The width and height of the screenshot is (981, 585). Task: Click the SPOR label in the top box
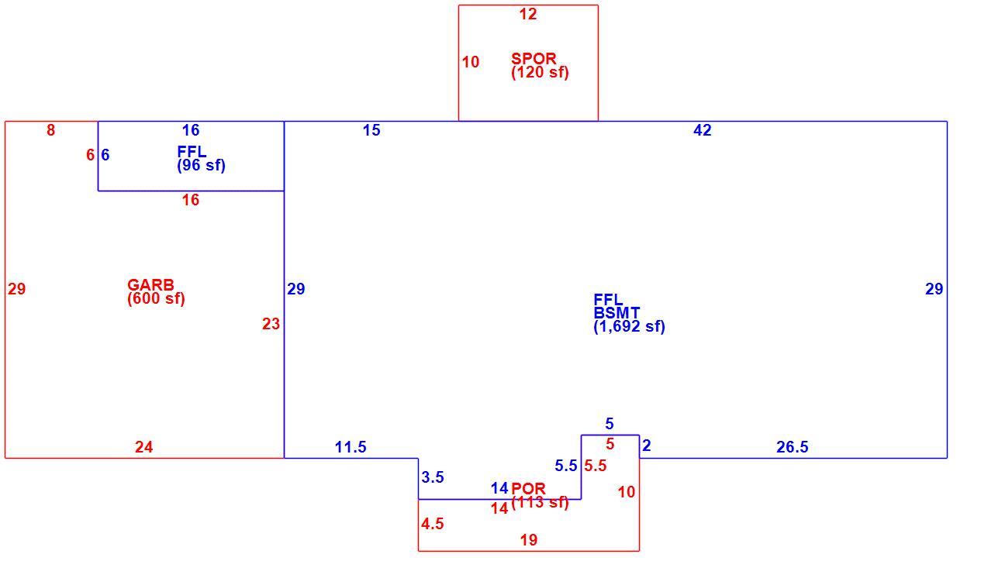coord(534,59)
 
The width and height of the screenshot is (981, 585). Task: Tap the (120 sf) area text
coord(540,73)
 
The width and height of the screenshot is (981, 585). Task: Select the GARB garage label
coord(150,285)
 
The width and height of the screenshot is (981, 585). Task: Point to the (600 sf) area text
coord(157,299)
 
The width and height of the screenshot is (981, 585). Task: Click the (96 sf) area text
coord(201,165)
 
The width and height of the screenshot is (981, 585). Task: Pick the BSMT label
coord(617,313)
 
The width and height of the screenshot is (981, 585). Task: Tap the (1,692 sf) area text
coord(630,327)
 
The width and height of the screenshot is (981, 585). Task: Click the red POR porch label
coord(529,488)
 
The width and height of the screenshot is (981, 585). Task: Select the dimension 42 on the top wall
coord(703,130)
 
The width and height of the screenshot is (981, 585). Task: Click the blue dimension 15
coord(371,130)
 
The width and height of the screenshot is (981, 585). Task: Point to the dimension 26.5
coord(793,447)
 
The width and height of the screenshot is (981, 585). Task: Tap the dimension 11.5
coord(351,447)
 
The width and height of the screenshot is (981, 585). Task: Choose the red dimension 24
coord(144,447)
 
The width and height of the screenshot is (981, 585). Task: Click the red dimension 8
coord(51,130)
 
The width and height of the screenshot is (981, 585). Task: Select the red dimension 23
coord(271,324)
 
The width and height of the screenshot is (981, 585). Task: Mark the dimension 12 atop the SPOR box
coord(528,15)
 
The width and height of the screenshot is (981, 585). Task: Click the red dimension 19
coord(529,540)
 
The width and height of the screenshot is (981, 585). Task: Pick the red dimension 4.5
coord(433,525)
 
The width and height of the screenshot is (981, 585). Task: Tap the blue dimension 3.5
coord(433,477)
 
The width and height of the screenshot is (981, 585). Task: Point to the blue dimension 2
coord(647,446)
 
